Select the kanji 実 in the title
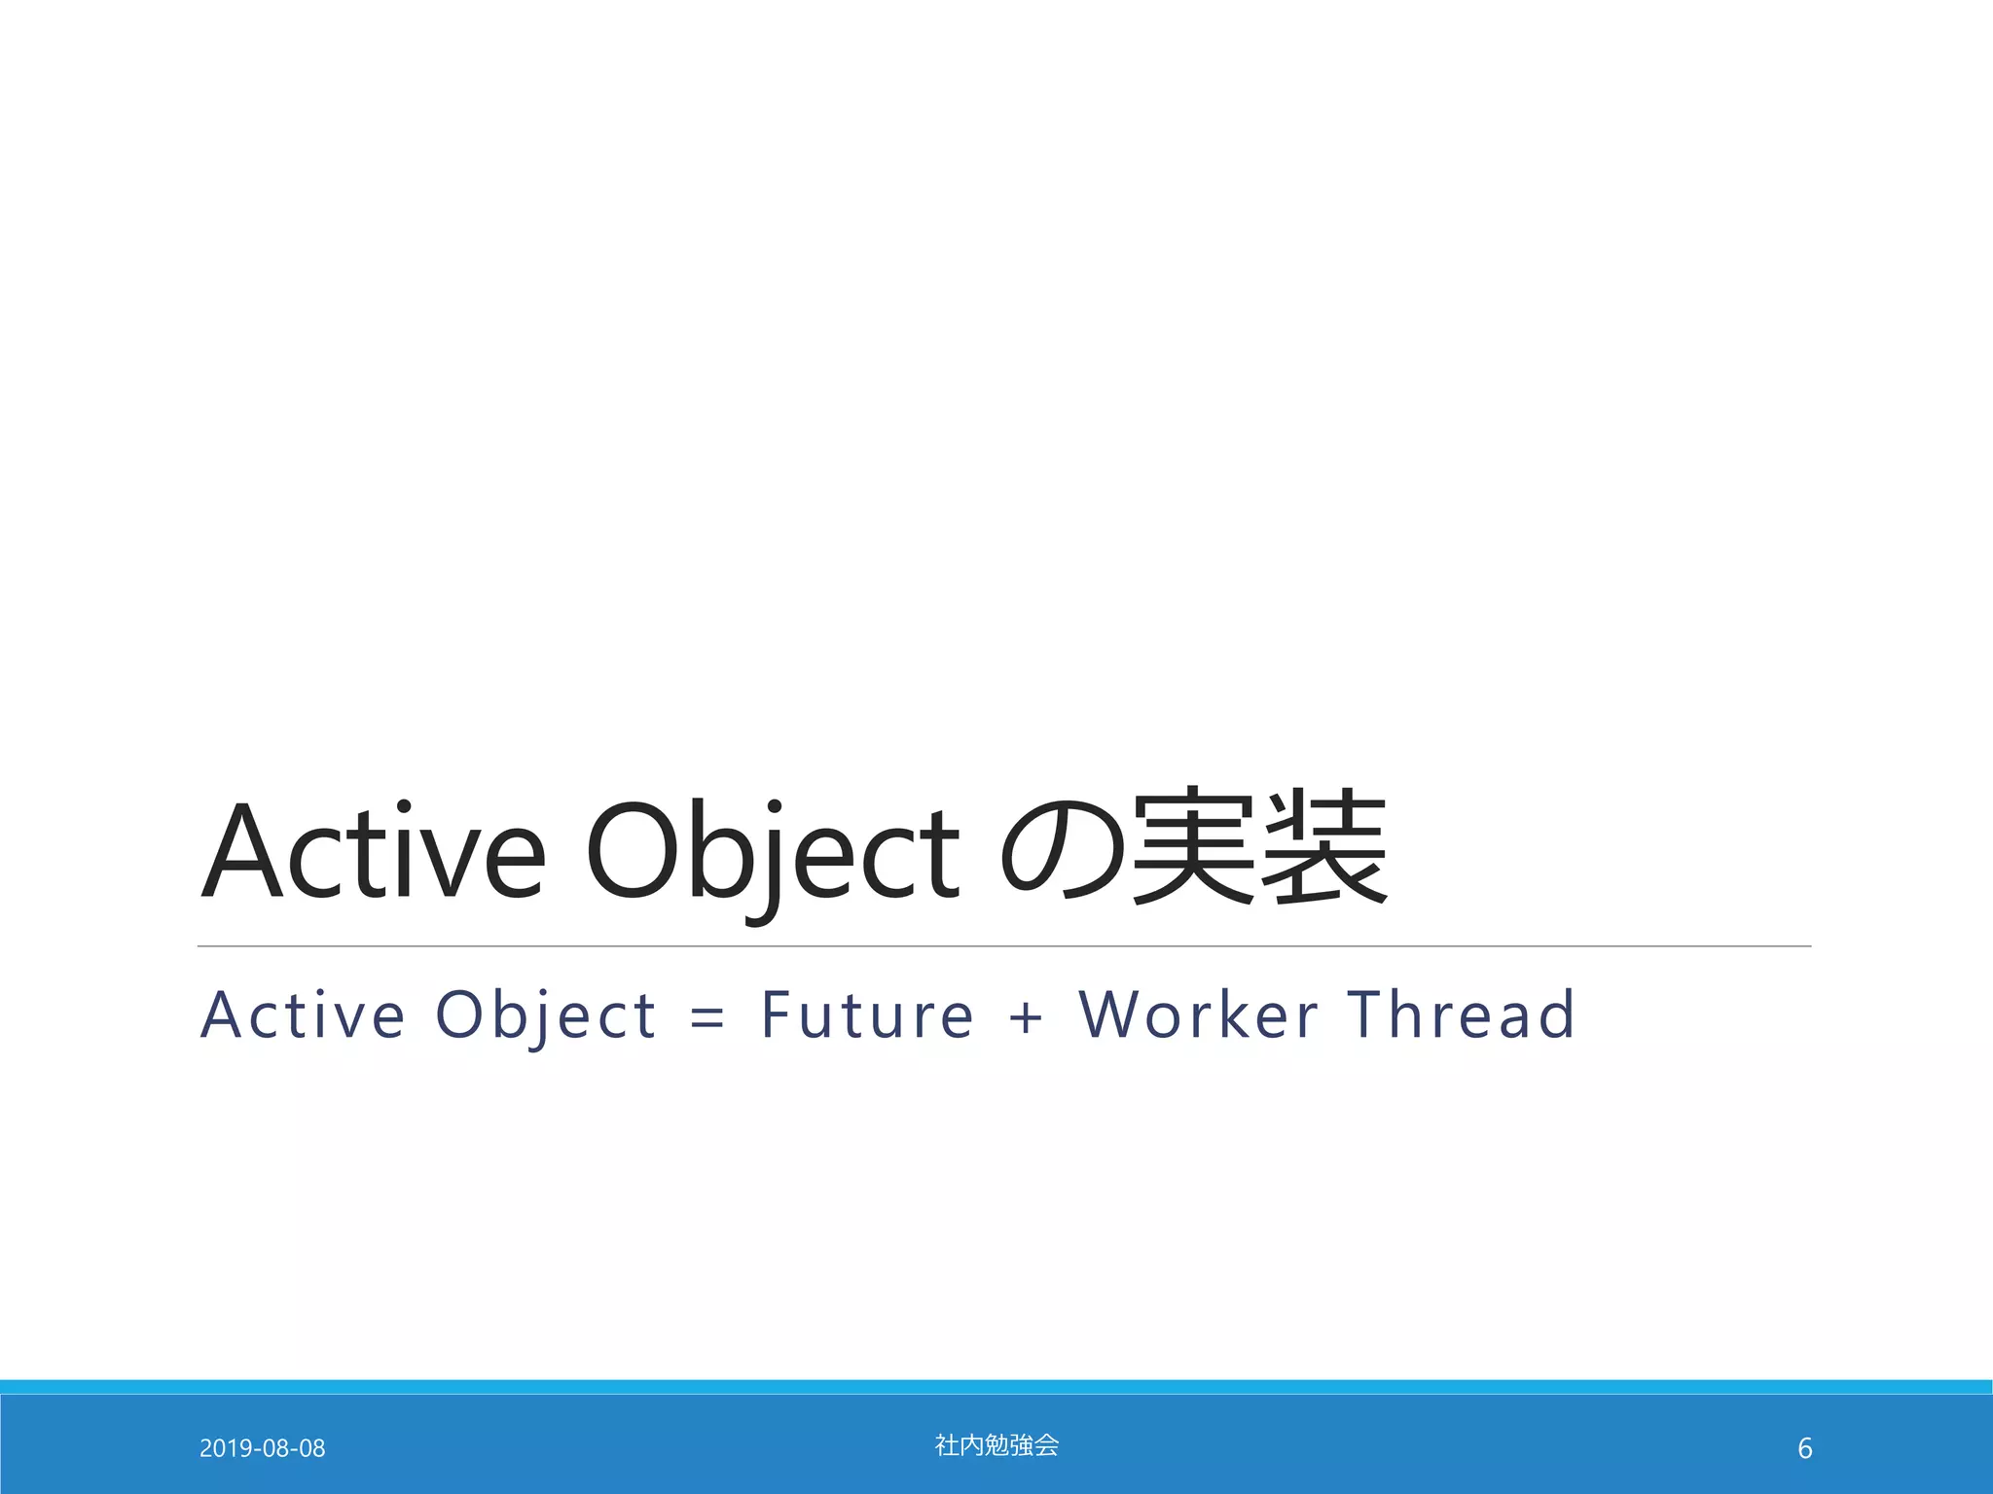[1193, 846]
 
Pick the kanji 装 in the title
[1323, 846]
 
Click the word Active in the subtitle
[303, 1015]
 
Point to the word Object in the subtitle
[546, 1015]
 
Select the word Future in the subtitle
[867, 1015]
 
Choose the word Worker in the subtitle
[1199, 1015]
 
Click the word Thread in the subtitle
[1461, 1015]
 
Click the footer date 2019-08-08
[262, 1448]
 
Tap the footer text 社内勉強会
[996, 1445]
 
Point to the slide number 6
[1804, 1449]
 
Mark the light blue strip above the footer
[996, 1386]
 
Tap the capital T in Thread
[1366, 1015]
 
